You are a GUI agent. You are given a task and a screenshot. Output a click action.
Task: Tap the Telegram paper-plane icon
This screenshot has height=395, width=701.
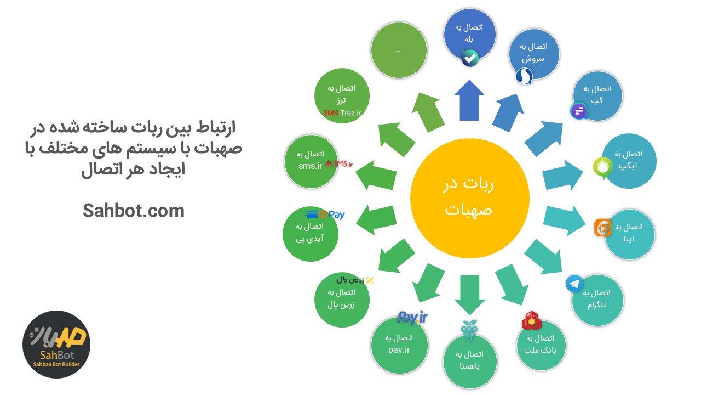click(574, 284)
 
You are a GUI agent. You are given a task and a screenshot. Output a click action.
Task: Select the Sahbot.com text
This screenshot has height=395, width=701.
click(134, 211)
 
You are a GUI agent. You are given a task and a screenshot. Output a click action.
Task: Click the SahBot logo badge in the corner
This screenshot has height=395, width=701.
click(56, 344)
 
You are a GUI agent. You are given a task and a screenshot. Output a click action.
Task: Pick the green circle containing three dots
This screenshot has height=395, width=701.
click(398, 50)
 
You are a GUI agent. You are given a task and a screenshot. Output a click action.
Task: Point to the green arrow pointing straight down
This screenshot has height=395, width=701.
click(469, 294)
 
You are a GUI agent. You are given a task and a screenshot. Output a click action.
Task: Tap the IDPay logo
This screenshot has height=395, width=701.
click(325, 215)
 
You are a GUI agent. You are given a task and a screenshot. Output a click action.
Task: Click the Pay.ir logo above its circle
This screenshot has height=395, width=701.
click(412, 317)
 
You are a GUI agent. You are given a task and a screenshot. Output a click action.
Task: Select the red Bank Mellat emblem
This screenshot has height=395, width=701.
click(531, 321)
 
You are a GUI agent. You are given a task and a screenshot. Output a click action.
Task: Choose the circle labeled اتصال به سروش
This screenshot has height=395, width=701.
click(533, 53)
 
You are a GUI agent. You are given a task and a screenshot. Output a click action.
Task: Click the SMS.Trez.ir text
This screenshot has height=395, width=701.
click(342, 113)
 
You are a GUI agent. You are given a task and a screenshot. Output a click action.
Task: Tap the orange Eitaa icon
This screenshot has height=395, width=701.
click(603, 227)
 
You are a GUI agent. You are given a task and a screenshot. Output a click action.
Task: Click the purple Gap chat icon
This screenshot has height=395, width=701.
click(579, 111)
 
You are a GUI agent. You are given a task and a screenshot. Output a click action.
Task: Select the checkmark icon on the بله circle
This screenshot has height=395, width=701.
click(470, 58)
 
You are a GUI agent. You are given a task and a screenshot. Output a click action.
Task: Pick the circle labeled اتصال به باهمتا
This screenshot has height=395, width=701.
click(469, 360)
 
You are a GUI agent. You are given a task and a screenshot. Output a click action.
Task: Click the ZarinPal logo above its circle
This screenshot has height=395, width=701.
click(354, 280)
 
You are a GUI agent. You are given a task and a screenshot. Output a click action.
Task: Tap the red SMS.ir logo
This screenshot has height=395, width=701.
click(339, 163)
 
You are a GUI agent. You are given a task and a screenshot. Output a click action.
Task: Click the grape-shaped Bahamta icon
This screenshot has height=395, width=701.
click(469, 328)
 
